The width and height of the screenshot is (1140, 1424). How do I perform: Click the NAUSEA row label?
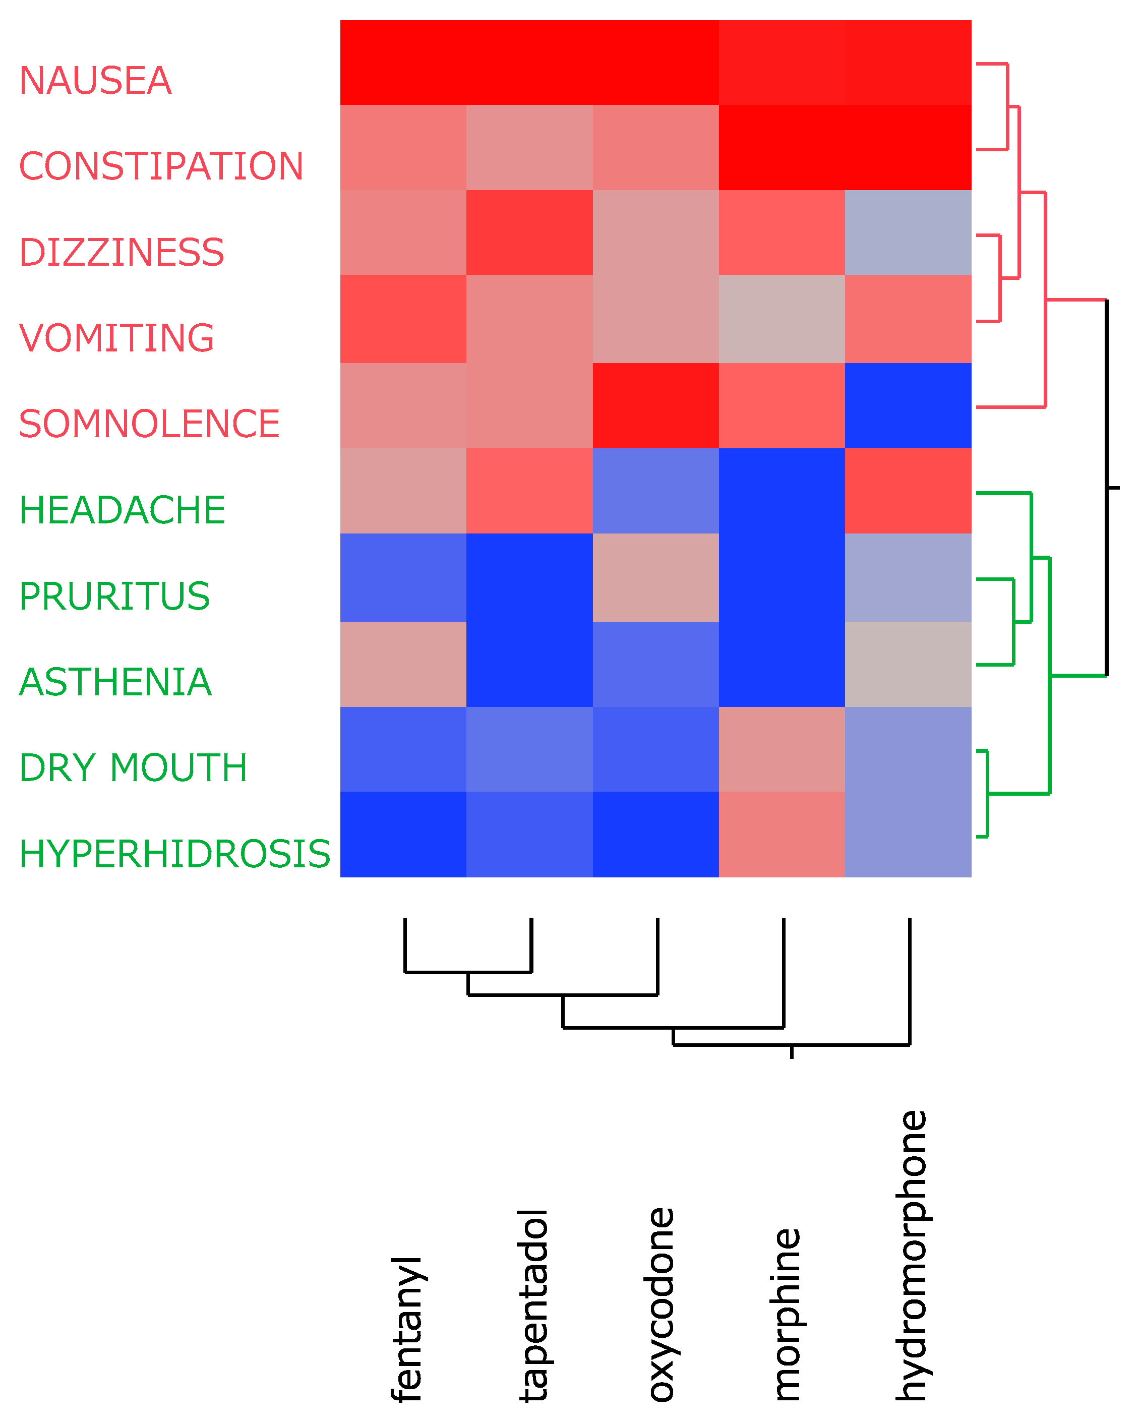[95, 81]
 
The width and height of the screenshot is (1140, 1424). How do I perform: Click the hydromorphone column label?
[912, 1255]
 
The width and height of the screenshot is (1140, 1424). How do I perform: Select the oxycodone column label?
[659, 1304]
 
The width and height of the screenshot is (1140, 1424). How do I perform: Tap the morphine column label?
[786, 1315]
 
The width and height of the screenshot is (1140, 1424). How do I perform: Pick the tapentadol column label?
[533, 1305]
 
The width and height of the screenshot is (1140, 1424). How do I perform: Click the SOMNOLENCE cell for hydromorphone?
[908, 405]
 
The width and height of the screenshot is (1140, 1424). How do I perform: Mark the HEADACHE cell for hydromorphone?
[908, 491]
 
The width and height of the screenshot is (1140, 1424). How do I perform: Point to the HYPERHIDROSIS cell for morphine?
[782, 834]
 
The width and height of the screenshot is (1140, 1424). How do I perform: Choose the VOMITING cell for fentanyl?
[403, 319]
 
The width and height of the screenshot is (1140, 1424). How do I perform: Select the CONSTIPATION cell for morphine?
[782, 147]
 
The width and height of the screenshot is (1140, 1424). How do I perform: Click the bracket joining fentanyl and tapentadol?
[468, 972]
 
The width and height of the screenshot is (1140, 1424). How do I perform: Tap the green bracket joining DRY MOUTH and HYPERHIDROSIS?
[987, 793]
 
